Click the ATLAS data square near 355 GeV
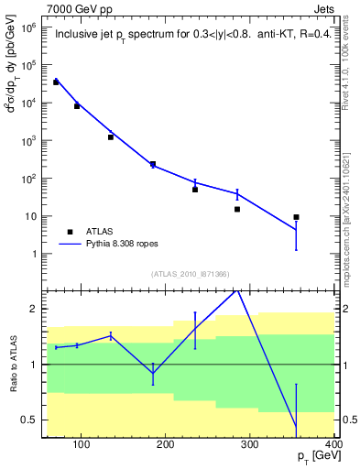click(296, 217)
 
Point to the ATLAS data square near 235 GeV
click(195, 190)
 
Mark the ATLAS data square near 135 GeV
click(111, 136)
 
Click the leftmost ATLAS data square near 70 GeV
click(56, 82)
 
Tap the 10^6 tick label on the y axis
click(28, 28)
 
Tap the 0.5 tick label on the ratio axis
click(28, 420)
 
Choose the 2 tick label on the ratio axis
click(33, 309)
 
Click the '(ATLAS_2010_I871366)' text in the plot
click(191, 275)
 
